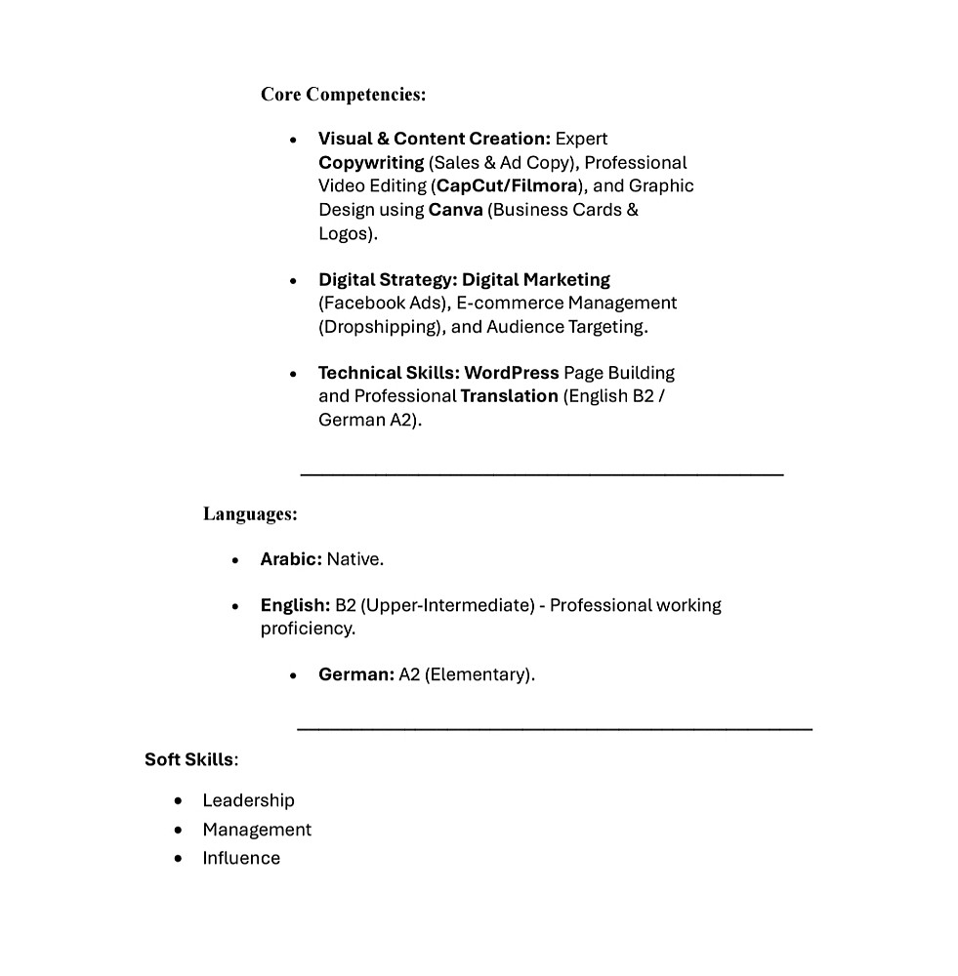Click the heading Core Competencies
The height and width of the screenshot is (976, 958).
343,95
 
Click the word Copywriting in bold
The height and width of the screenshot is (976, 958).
371,162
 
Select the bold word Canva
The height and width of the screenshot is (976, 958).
455,210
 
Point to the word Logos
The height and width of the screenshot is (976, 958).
345,233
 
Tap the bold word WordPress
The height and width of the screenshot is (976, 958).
512,373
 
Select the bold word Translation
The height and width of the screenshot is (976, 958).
508,396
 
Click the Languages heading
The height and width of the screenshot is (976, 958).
250,513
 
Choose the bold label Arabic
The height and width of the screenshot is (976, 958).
290,559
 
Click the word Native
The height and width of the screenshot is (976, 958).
354,559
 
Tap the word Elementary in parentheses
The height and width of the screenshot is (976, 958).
479,674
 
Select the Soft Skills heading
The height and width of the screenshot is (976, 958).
189,759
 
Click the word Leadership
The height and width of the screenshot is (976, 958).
248,800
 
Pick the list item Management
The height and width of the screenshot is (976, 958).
257,830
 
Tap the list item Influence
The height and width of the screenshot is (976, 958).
241,858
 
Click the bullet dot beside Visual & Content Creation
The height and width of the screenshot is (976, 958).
293,140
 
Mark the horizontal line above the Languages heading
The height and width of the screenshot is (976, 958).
542,474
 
